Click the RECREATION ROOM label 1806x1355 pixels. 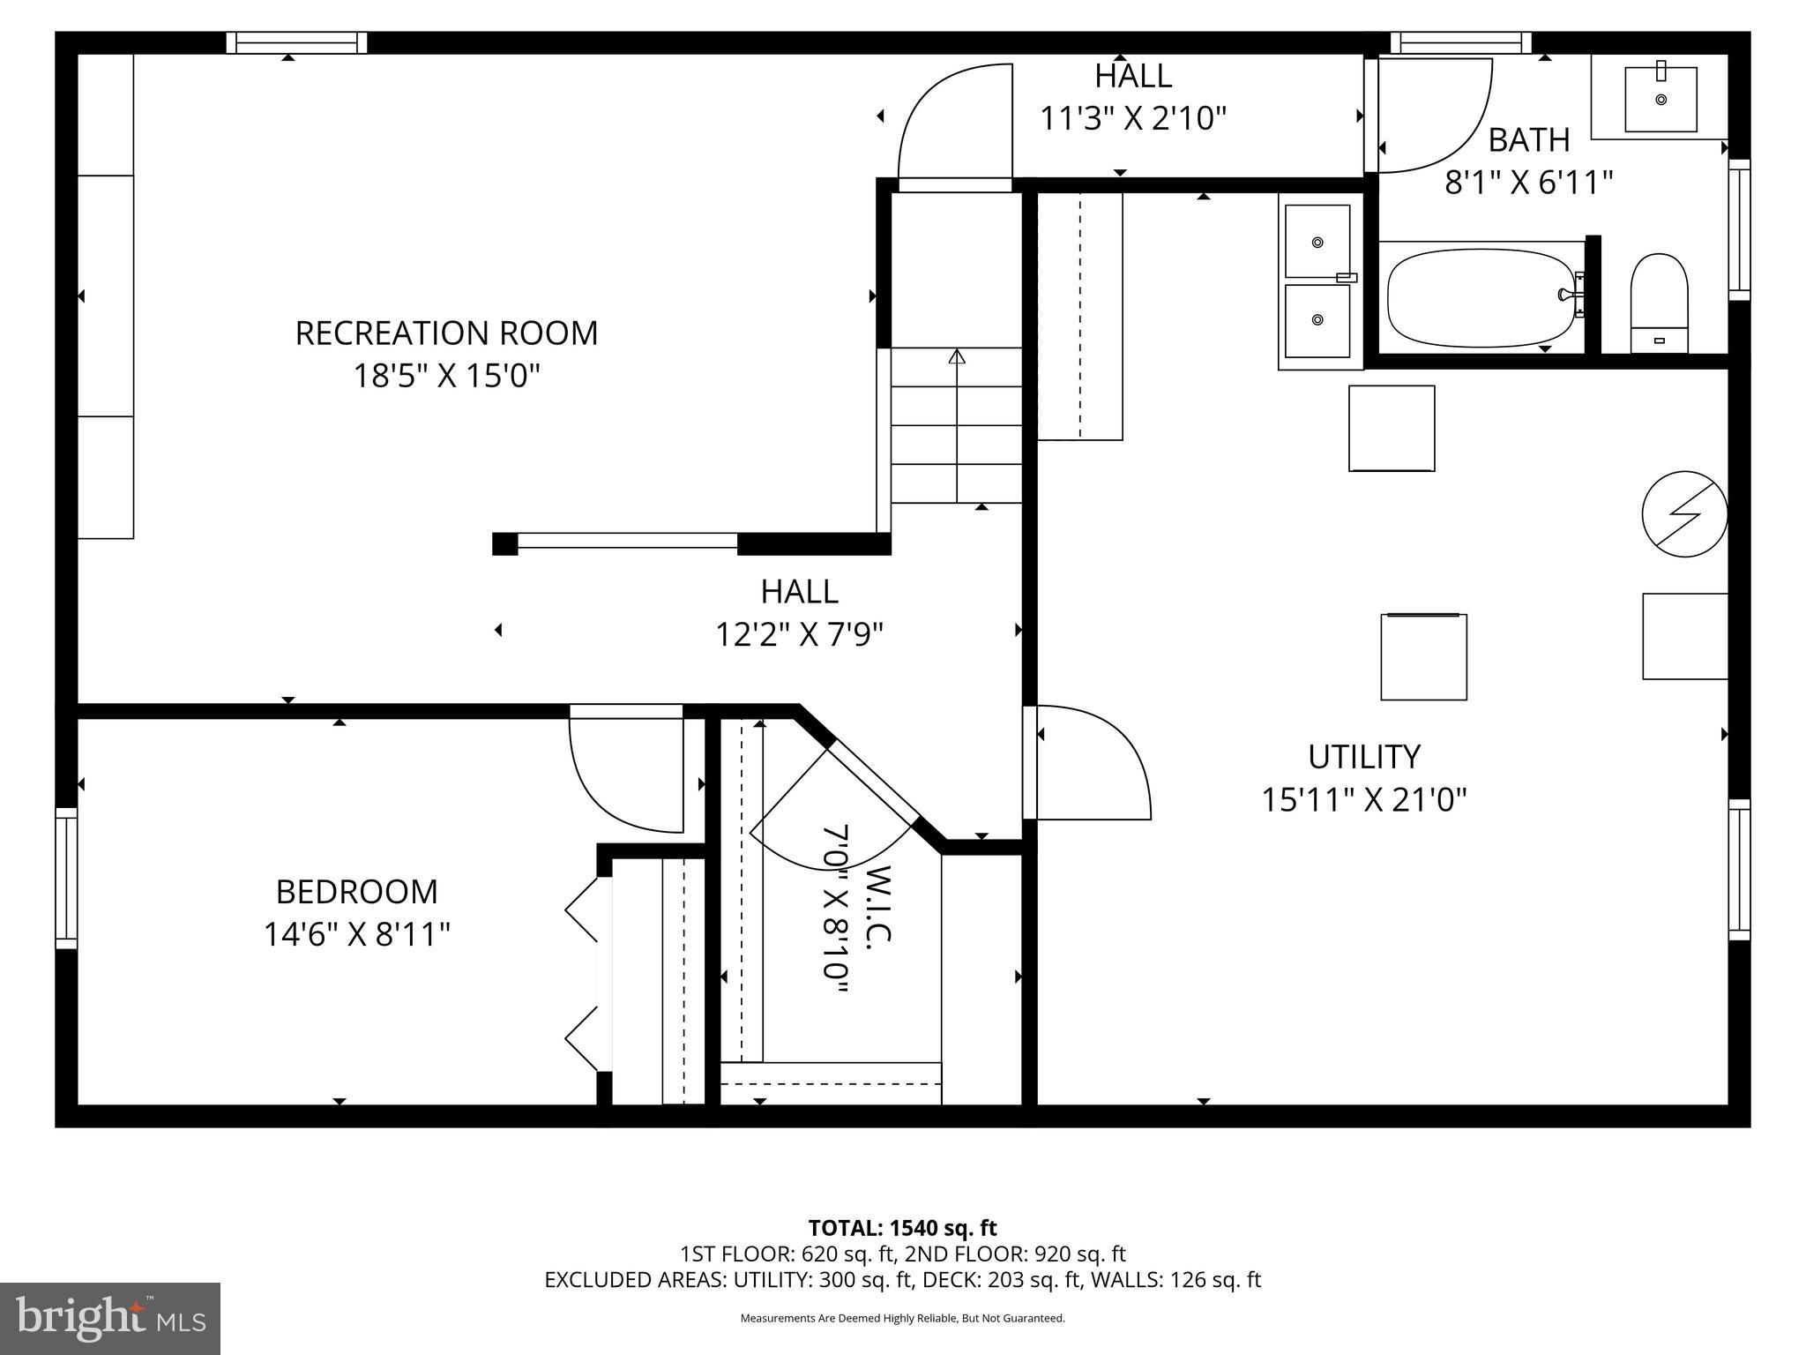446,333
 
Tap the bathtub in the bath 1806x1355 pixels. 1481,298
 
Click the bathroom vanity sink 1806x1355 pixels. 1660,99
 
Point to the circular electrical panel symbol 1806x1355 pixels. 1684,513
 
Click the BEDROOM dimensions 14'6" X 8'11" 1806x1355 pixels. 357,934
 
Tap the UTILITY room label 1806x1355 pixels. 1363,757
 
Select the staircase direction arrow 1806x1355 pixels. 957,356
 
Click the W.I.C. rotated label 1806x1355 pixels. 879,905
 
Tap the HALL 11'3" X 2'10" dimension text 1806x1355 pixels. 1133,118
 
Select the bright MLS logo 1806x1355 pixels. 110,1318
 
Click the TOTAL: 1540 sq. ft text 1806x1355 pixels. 902,1228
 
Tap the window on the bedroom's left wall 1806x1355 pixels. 66,879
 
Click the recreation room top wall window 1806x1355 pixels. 296,42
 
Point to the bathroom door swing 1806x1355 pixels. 1429,115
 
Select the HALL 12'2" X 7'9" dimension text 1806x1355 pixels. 799,634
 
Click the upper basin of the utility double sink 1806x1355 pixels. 1317,241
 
